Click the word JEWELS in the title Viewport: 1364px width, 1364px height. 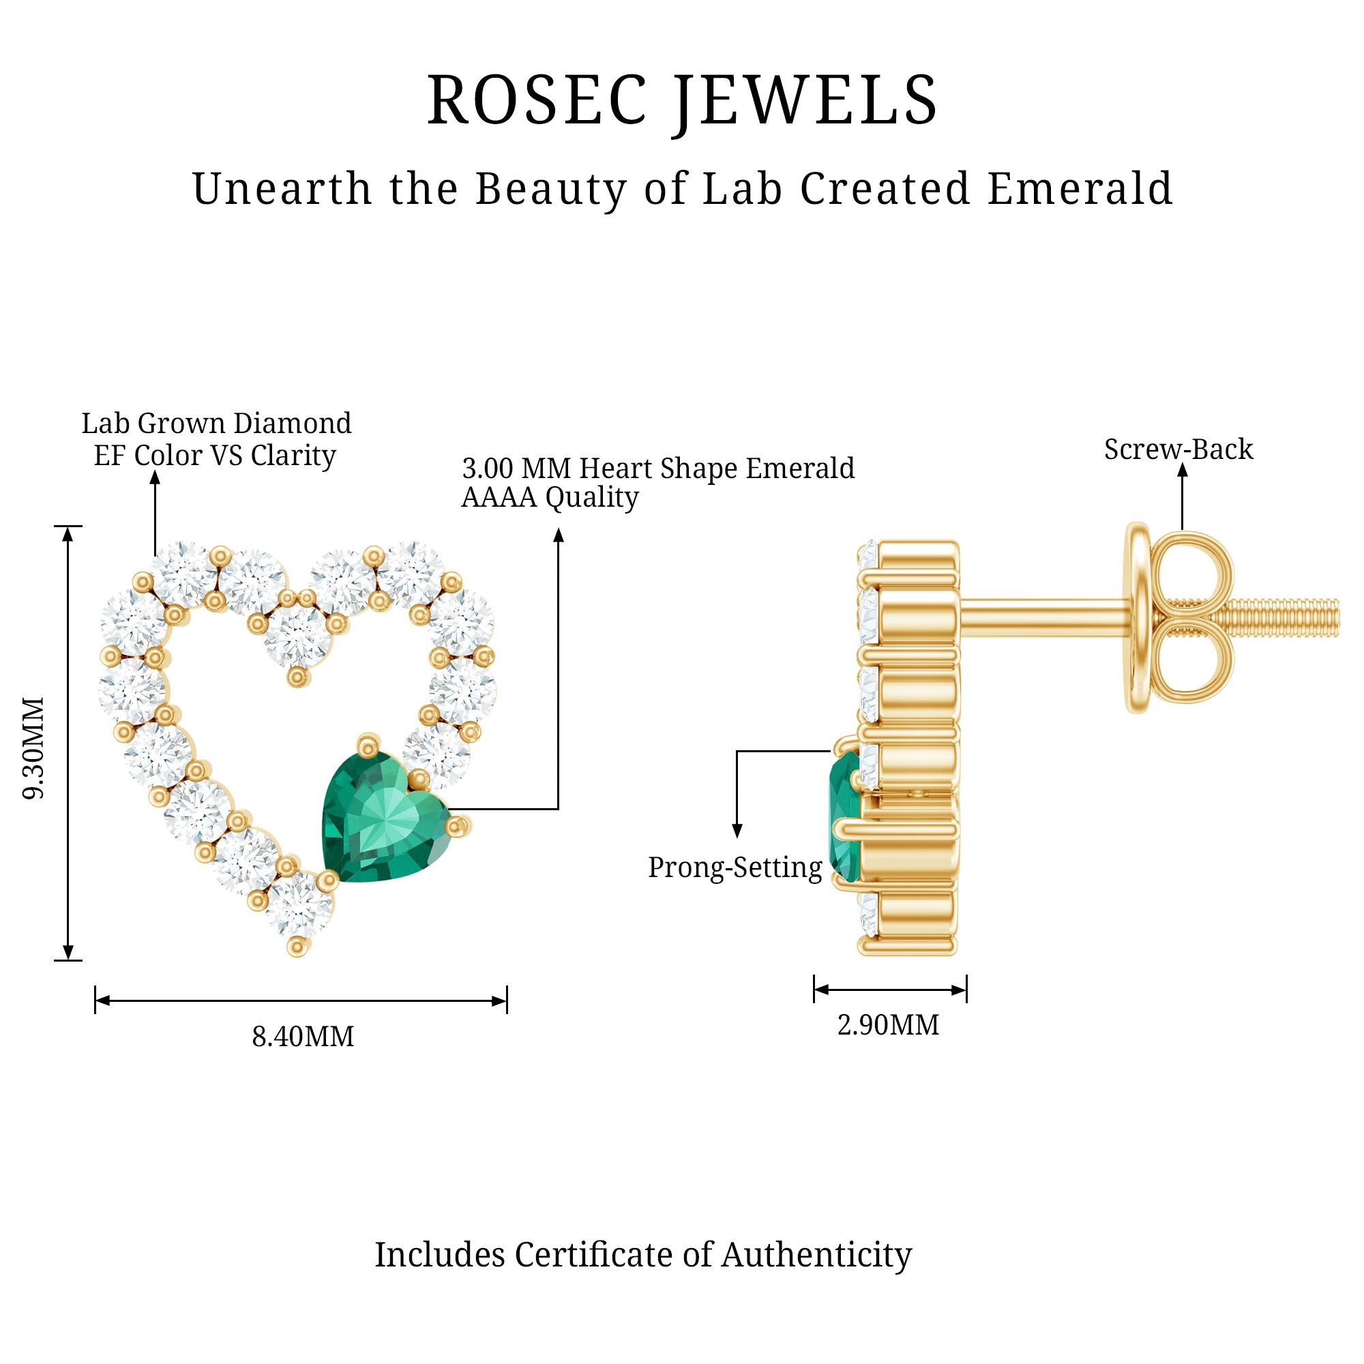805,101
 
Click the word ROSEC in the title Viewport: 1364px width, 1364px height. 537,101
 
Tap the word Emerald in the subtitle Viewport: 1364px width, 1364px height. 1080,189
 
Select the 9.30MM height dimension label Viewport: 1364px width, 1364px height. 34,747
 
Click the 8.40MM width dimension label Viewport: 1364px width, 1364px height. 303,1037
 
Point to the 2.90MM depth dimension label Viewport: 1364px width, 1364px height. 888,1024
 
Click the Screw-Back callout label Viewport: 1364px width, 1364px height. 1178,449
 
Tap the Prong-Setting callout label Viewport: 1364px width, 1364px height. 735,868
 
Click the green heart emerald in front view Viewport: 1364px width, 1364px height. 383,819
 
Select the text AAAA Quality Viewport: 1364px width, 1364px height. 549,498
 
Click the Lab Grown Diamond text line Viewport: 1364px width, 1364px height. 216,424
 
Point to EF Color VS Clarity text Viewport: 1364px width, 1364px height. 215,456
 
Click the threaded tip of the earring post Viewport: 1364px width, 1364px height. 1313,617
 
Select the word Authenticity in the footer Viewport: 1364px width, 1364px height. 816,1255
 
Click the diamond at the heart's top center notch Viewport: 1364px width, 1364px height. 298,634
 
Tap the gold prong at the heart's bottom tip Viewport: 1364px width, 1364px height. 298,946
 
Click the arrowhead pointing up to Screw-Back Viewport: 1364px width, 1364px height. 1183,471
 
